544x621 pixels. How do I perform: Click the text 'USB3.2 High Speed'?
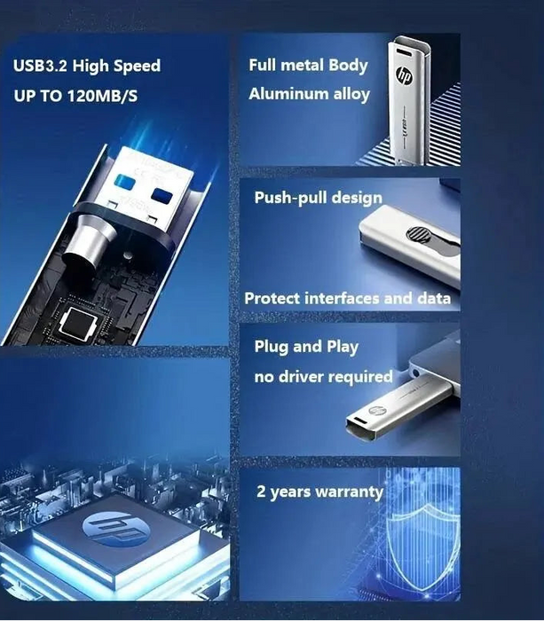86,66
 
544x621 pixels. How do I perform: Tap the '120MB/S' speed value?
107,94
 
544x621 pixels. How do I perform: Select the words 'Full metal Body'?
308,65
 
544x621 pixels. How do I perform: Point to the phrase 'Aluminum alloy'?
309,93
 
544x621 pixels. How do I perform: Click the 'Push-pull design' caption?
318,197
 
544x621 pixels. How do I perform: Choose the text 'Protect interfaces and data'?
347,298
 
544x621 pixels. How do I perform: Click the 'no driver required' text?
323,377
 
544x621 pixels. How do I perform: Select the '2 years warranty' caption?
319,491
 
